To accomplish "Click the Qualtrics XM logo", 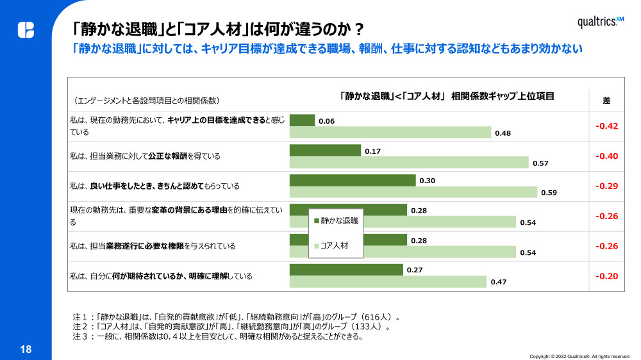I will (600, 22).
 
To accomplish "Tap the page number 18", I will (26, 349).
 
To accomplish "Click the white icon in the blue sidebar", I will (26, 30).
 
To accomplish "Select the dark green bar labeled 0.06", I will (303, 120).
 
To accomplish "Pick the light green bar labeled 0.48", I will (390, 133).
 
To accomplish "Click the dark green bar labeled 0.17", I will (325, 151).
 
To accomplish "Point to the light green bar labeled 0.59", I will (413, 192).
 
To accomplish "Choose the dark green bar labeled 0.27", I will (346, 270).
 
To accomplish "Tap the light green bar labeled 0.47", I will (388, 282).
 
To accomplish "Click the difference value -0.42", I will (606, 126).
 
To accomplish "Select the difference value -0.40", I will (606, 156).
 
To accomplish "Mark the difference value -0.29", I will (606, 186).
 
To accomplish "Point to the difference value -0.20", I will (606, 276).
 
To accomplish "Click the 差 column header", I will (606, 101).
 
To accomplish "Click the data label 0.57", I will (540, 163).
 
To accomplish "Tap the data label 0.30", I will (427, 181).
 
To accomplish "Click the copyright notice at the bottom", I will (579, 356).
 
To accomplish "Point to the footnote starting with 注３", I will (218, 336).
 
